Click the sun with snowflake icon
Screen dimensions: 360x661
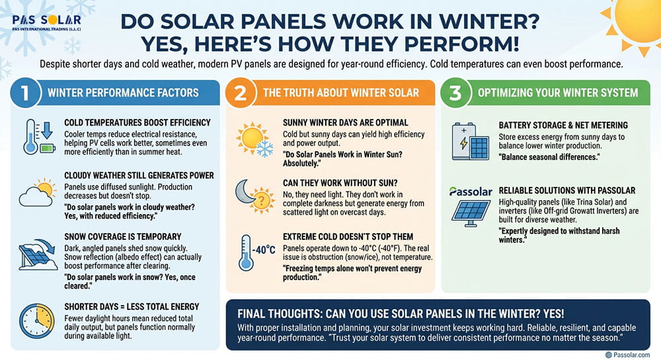coord(253,137)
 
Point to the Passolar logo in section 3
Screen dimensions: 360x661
coord(470,192)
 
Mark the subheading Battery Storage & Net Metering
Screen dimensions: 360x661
coord(563,125)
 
